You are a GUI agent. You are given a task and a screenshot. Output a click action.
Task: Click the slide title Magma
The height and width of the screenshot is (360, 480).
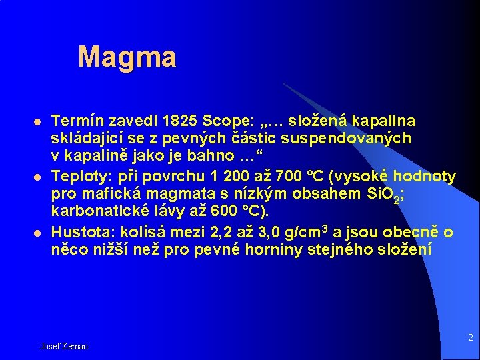pos(127,57)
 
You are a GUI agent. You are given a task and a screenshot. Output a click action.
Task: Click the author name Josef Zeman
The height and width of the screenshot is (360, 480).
pos(64,346)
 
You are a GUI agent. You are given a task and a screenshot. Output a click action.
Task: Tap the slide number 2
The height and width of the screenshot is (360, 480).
pos(470,338)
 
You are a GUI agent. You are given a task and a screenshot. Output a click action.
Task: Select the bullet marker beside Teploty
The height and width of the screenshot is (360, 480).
pos(39,177)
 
